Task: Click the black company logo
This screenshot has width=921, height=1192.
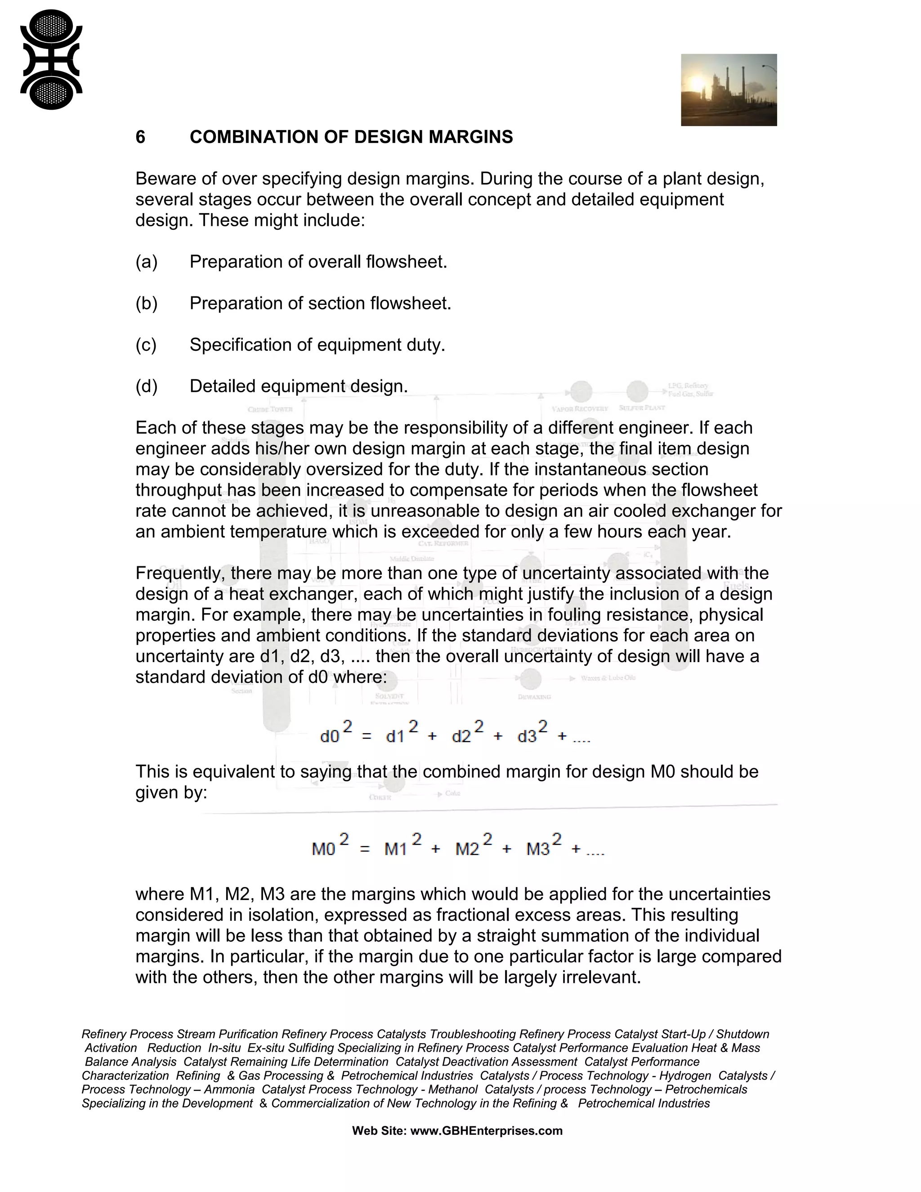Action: [51, 59]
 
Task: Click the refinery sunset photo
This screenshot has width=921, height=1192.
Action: [729, 90]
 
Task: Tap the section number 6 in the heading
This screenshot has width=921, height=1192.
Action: [140, 137]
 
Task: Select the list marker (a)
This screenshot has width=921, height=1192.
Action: [146, 262]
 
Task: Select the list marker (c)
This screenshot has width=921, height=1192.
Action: [146, 345]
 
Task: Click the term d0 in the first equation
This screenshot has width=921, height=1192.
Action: [330, 737]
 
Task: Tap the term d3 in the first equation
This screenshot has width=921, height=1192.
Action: [527, 737]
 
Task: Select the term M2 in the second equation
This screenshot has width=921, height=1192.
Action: [467, 849]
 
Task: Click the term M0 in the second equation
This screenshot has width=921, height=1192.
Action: [323, 849]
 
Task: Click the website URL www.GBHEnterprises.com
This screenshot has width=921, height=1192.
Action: [486, 1130]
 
